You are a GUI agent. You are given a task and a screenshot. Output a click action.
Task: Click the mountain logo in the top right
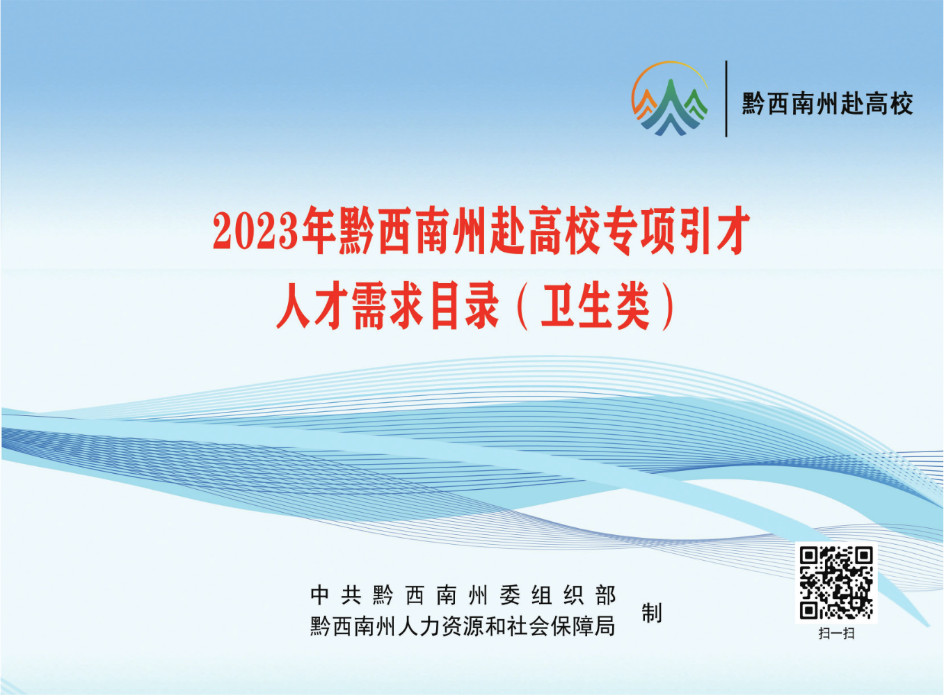pos(670,99)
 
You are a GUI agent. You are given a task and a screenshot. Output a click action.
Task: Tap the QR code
pos(835,582)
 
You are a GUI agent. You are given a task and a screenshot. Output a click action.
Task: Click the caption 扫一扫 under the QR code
pos(835,633)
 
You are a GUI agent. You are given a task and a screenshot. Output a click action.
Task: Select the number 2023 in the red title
pos(256,232)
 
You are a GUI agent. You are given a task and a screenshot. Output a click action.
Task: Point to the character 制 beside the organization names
pos(651,613)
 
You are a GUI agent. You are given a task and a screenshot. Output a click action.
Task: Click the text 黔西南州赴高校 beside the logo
pos(827,104)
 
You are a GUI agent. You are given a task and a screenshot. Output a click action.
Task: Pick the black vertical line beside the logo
pos(726,99)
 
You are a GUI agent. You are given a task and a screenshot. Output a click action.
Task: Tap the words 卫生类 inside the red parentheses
pos(595,306)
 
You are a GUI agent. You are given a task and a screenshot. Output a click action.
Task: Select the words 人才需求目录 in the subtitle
pos(387,306)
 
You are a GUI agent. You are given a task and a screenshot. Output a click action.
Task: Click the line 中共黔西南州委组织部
pos(463,596)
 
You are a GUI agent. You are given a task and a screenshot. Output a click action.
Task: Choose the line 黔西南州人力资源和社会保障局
pos(463,626)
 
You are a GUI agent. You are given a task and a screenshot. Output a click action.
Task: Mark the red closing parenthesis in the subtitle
pos(669,307)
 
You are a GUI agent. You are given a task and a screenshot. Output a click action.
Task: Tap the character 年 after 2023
pos(319,232)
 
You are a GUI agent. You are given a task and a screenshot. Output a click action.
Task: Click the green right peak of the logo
pos(695,104)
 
